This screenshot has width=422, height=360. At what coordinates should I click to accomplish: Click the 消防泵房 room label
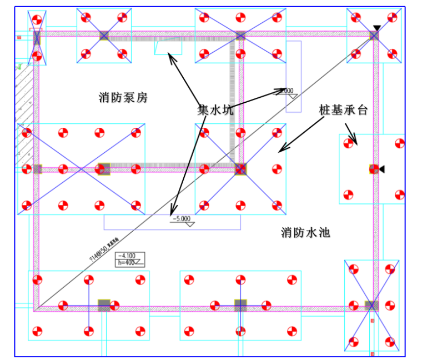(123, 98)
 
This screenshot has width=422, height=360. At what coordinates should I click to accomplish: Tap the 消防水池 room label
(305, 232)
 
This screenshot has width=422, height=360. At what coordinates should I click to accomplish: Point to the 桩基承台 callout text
(343, 109)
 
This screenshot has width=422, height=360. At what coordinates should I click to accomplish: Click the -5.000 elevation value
(182, 219)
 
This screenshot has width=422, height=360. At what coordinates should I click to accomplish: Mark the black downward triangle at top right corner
(377, 28)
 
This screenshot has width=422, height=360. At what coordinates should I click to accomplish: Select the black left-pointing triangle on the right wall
(381, 169)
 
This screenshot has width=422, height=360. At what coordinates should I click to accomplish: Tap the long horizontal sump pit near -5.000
(172, 222)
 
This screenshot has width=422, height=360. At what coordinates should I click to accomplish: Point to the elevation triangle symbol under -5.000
(190, 224)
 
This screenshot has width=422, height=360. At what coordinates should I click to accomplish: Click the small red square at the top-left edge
(19, 38)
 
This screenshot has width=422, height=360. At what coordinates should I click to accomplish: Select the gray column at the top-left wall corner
(37, 37)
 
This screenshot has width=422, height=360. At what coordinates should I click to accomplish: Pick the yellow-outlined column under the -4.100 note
(104, 304)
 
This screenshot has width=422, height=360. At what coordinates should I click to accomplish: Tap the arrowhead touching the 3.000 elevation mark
(283, 91)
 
